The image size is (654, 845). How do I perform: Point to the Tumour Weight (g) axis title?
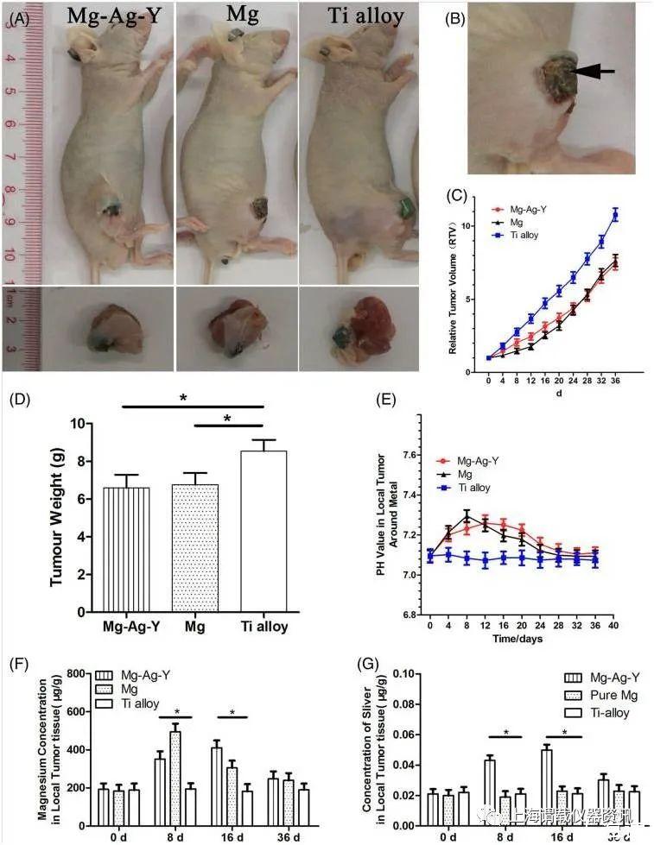pos(57,518)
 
